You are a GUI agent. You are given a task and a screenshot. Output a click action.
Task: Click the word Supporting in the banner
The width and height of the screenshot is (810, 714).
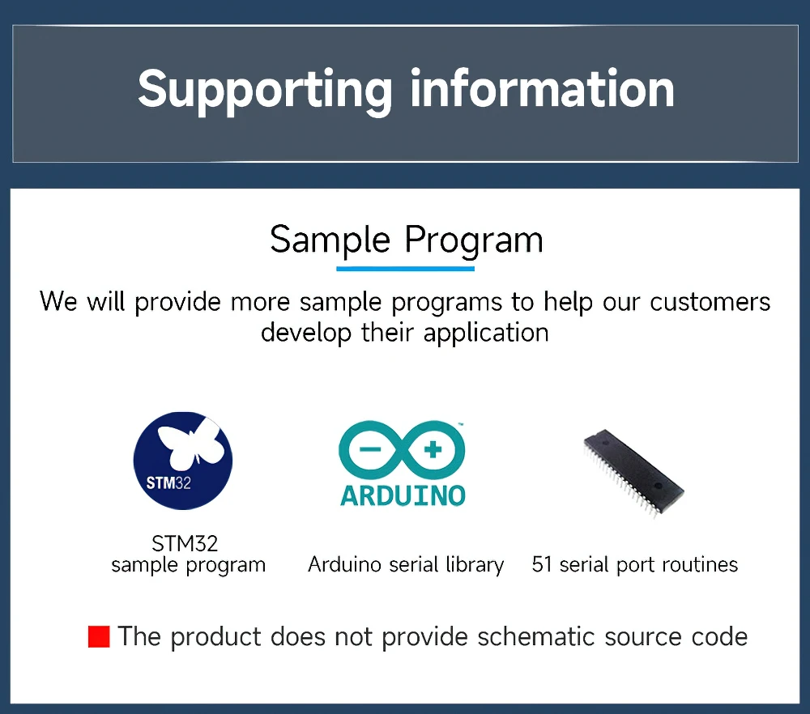pos(265,91)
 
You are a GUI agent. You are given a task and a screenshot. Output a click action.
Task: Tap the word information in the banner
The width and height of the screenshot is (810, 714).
pos(543,89)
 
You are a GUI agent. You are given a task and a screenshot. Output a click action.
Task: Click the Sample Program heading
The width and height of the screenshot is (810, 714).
pos(407,240)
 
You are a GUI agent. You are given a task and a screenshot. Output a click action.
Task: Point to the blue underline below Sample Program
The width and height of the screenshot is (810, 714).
pos(406,269)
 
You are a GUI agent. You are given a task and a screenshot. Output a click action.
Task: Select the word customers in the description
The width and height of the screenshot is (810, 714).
pos(710,302)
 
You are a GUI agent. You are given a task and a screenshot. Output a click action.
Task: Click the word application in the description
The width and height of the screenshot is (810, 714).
pos(486,333)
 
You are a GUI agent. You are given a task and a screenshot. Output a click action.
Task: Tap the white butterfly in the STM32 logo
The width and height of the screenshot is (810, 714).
pos(190,442)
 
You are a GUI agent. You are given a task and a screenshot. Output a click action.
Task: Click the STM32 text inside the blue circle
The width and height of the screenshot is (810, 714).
pos(168,483)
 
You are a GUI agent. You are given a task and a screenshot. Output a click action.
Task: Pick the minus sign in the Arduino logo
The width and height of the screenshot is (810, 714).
pos(370,449)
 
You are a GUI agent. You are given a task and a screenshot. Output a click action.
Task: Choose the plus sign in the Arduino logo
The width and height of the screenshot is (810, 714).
pos(433,449)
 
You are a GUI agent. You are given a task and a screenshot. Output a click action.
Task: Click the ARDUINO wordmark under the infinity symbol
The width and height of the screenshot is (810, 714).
pos(403,495)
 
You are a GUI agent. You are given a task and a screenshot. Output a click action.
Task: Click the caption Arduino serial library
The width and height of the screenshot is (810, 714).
pos(406,565)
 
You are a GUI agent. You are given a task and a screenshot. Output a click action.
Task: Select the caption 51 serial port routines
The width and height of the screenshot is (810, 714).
pos(635,565)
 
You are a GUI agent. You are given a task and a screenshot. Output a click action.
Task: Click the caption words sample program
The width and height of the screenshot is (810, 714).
pos(189,565)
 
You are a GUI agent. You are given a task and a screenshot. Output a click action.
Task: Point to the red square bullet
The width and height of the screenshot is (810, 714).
pos(99,636)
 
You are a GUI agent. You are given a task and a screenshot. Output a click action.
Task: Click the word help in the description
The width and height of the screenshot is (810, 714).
pos(569,302)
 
